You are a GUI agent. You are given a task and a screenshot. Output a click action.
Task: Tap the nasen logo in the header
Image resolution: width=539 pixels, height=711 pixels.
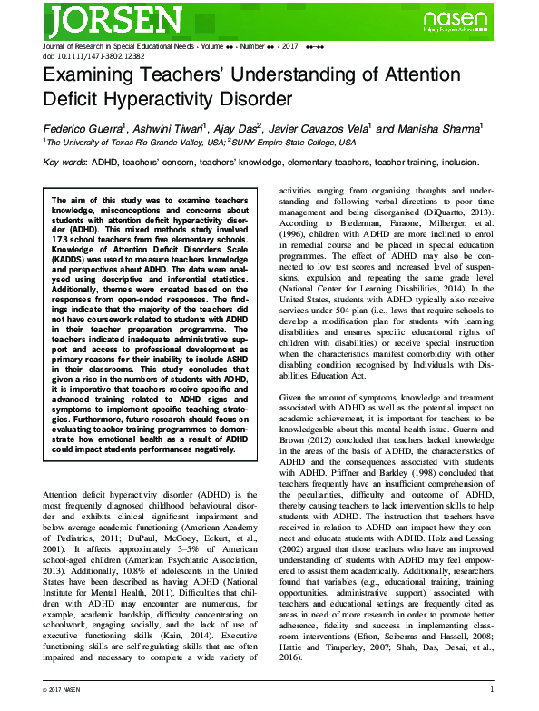click(x=463, y=20)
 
